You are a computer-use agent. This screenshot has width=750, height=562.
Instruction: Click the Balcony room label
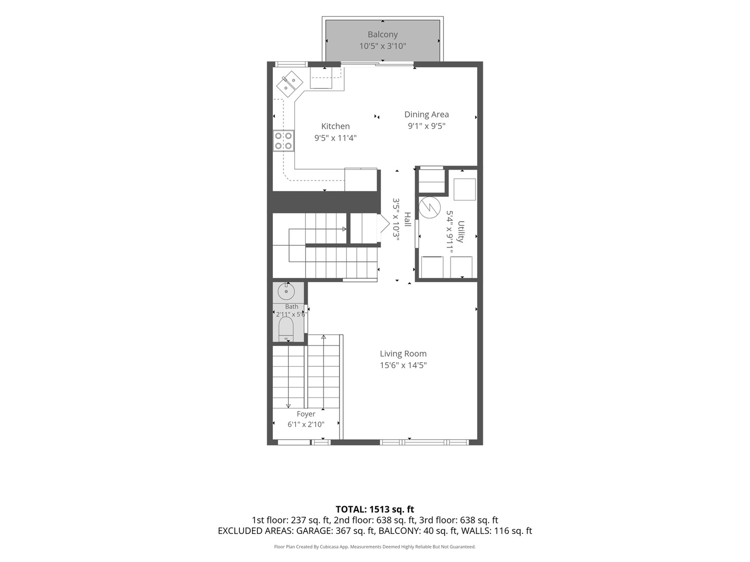click(x=382, y=34)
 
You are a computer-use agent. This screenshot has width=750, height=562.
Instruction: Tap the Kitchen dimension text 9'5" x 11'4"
click(x=335, y=138)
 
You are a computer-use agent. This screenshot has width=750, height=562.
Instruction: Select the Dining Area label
click(x=427, y=114)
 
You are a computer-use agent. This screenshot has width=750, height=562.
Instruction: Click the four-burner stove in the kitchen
click(x=283, y=140)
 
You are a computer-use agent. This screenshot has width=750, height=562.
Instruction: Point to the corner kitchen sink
click(x=290, y=84)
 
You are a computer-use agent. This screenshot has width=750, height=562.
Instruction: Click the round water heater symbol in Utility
click(x=430, y=208)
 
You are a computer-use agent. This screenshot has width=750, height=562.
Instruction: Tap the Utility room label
click(x=461, y=232)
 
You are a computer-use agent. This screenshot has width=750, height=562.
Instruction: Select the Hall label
click(x=407, y=219)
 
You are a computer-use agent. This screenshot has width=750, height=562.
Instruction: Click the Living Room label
click(x=403, y=353)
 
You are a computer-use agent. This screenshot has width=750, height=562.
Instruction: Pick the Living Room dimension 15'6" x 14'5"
click(x=403, y=365)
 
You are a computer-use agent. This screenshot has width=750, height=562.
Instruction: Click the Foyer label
click(x=306, y=414)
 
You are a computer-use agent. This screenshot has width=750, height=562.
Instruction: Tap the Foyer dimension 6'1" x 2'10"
click(x=306, y=425)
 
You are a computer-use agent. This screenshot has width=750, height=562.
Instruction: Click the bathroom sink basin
click(x=286, y=292)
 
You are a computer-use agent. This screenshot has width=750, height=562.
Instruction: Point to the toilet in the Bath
click(x=286, y=329)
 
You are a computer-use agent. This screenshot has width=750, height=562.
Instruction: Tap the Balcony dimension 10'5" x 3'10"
click(x=382, y=46)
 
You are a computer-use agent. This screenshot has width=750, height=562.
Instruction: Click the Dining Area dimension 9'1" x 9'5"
click(x=427, y=126)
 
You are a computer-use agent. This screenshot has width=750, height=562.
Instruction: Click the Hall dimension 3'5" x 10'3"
click(x=396, y=220)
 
